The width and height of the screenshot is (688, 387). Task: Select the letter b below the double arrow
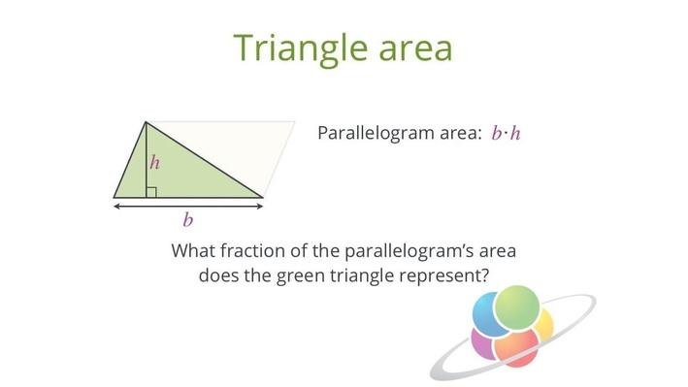(x=187, y=220)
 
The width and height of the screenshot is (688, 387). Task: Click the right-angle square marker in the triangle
(x=150, y=191)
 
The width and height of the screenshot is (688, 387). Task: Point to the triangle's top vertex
(x=146, y=122)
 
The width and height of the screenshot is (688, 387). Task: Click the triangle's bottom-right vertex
(x=262, y=197)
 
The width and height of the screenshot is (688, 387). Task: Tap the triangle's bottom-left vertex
(x=115, y=197)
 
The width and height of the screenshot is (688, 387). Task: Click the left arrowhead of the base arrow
(x=117, y=206)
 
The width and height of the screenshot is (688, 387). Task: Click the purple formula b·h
(x=507, y=133)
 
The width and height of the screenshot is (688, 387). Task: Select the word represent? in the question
(x=442, y=274)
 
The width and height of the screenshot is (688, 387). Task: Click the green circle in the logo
(x=516, y=307)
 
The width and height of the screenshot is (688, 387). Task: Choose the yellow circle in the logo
(x=544, y=325)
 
